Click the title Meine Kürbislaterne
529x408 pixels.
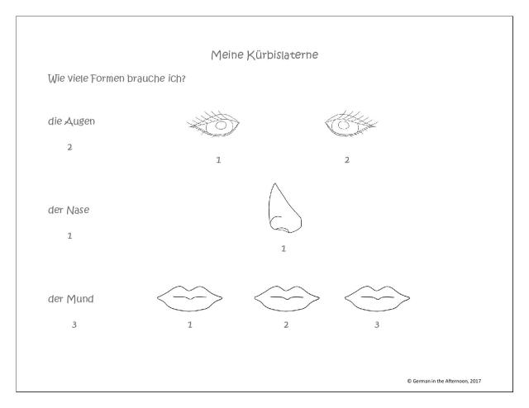(264, 55)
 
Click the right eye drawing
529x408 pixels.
(350, 125)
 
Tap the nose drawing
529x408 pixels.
(283, 208)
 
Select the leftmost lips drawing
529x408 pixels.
(189, 297)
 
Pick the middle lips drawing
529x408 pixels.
(286, 297)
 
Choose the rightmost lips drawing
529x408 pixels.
(376, 297)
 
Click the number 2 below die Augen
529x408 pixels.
(69, 147)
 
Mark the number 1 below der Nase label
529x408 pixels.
(69, 235)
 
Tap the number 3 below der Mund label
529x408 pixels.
(74, 325)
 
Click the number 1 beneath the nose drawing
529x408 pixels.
(284, 249)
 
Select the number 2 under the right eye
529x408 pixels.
(346, 159)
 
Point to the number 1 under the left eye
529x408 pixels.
(218, 159)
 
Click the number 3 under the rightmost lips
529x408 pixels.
(376, 325)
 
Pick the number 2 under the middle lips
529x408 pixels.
(286, 325)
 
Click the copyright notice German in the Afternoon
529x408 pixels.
(444, 381)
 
